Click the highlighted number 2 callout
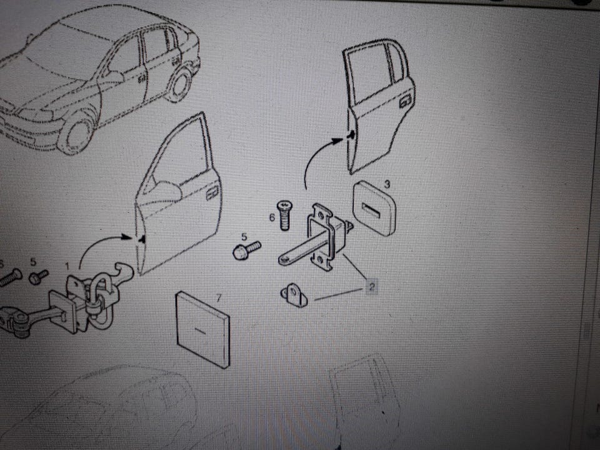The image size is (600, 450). pyautogui.click(x=371, y=286)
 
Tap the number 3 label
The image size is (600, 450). pyautogui.click(x=387, y=184)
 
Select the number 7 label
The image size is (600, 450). pyautogui.click(x=219, y=297)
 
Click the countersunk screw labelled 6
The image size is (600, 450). pyautogui.click(x=284, y=215)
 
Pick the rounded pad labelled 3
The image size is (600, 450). pyautogui.click(x=374, y=207)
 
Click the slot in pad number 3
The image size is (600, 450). pyautogui.click(x=371, y=209)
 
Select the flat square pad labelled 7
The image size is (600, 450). pyautogui.click(x=202, y=329)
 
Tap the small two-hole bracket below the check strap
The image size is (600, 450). pyautogui.click(x=294, y=294)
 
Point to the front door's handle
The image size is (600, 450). pyautogui.click(x=212, y=192)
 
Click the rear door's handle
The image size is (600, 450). pyautogui.click(x=405, y=101)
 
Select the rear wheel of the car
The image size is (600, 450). pyautogui.click(x=179, y=83)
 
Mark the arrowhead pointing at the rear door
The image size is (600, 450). pyautogui.click(x=337, y=141)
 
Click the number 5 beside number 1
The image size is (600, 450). pyautogui.click(x=33, y=262)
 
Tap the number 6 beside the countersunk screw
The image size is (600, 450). pyautogui.click(x=272, y=217)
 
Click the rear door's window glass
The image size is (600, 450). pyautogui.click(x=370, y=74)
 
